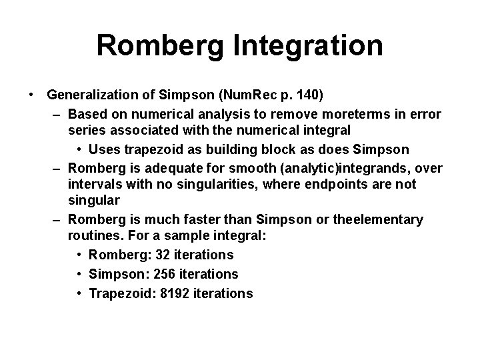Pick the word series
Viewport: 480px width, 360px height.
tap(86, 131)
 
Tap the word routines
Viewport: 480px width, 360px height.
tap(93, 236)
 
